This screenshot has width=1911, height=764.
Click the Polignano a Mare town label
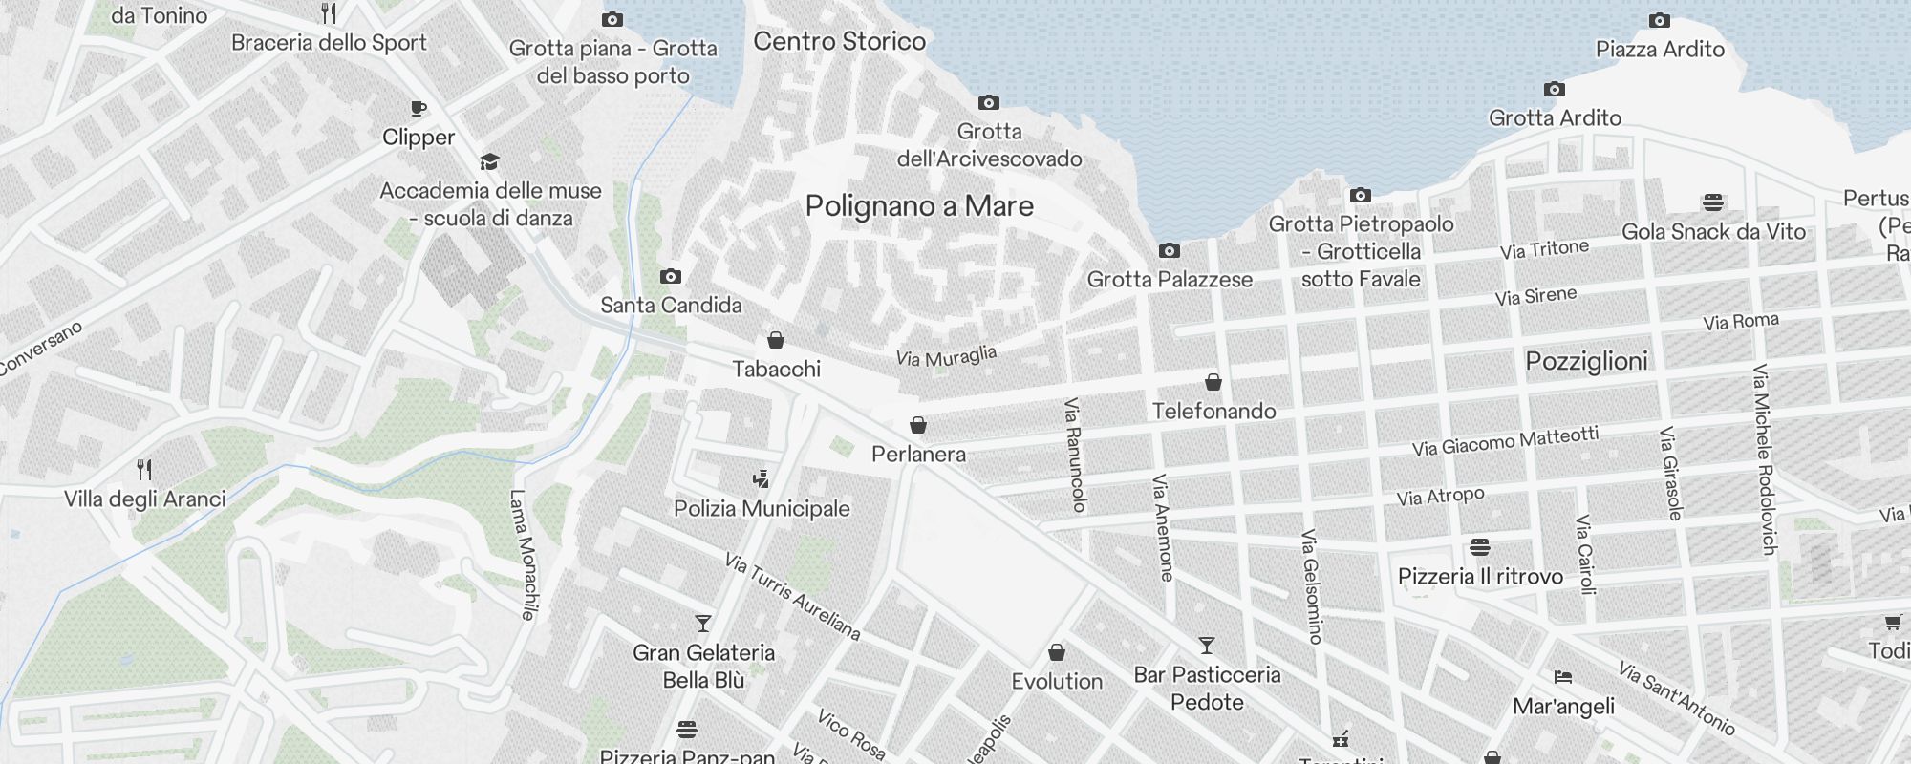tap(919, 206)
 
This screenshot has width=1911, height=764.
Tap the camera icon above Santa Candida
tap(671, 277)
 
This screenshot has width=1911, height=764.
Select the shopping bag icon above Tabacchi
tap(776, 340)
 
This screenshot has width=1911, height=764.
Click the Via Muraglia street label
tap(946, 357)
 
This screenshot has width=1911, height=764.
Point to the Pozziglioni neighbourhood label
tap(1586, 361)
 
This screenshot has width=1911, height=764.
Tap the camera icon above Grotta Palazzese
tap(1169, 251)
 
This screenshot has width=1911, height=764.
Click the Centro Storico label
tap(839, 41)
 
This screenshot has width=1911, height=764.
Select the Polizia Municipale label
tap(762, 508)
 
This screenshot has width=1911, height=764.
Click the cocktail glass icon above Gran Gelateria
tap(703, 624)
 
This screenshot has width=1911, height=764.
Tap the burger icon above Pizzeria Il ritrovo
tap(1480, 547)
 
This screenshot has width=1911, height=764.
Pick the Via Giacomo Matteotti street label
tap(1505, 441)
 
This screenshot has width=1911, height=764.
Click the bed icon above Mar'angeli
tap(1563, 677)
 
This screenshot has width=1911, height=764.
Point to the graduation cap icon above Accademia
tap(489, 161)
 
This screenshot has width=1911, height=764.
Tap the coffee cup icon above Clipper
tap(418, 109)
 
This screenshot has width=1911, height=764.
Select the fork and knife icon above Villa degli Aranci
tap(144, 470)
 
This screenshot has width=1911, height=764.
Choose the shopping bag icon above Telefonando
tap(1213, 383)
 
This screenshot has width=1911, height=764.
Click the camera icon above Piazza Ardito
tap(1660, 21)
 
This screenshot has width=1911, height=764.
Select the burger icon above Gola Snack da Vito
tap(1712, 202)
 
